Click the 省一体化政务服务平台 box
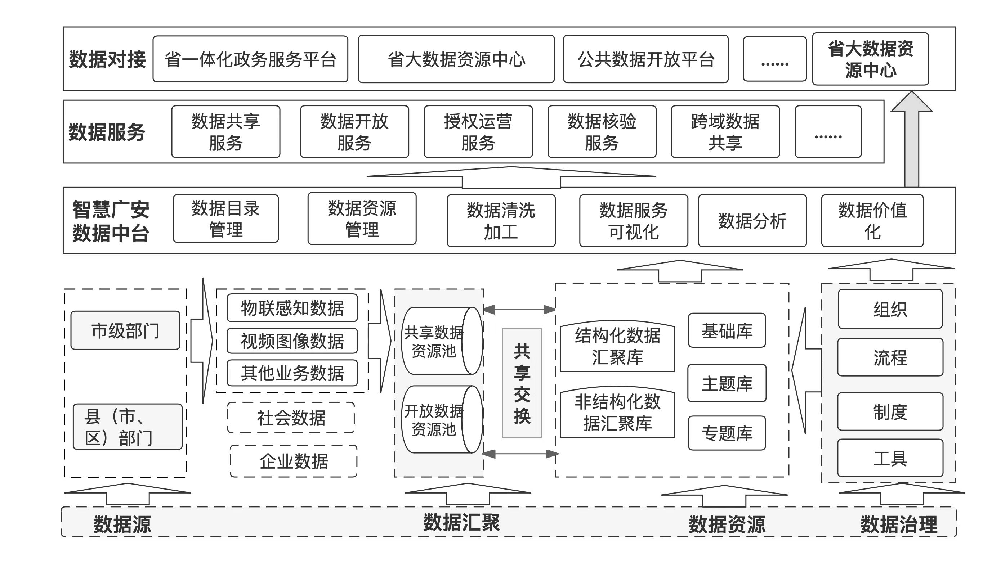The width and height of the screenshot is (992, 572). [250, 59]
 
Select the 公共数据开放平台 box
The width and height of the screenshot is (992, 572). [645, 59]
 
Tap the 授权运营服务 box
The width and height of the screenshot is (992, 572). [478, 132]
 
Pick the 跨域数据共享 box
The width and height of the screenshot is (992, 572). [725, 132]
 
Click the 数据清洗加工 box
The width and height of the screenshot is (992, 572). [501, 221]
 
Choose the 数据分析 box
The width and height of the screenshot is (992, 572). [752, 221]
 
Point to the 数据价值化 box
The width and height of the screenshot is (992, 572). [872, 221]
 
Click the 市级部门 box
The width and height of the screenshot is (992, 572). [125, 330]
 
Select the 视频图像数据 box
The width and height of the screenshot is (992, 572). [292, 341]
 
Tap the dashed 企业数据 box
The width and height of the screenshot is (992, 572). [293, 461]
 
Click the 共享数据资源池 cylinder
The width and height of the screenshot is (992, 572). [441, 341]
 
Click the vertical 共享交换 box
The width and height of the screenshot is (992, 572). [522, 383]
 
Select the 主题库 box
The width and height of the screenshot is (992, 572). [727, 383]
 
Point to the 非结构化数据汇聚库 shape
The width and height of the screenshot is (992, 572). [617, 413]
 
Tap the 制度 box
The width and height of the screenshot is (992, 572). [890, 412]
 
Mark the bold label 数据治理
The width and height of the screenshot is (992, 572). [899, 524]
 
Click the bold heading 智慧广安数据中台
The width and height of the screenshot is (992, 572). [111, 221]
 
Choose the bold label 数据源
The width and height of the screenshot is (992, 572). [122, 524]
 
